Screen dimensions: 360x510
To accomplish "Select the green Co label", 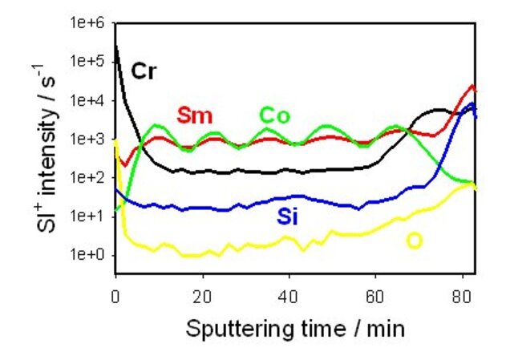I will click(x=275, y=115).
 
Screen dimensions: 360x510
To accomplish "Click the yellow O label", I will click(x=414, y=240).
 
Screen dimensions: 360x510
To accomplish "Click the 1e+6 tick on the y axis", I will click(x=89, y=22).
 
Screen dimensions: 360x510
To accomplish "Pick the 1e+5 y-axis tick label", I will click(x=89, y=61).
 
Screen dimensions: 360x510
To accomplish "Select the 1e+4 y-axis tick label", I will click(x=89, y=100).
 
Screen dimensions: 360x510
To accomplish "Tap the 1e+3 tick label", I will click(x=89, y=139).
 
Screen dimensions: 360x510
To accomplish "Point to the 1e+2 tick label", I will click(x=89, y=177).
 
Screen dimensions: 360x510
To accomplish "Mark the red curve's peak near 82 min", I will click(x=473, y=85).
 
